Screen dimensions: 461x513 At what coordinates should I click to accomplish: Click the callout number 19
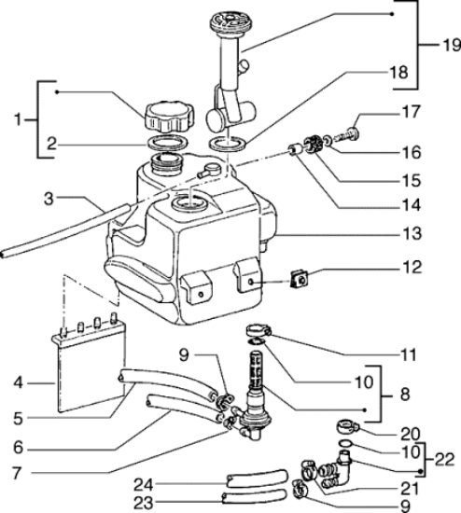pyautogui.click(x=452, y=45)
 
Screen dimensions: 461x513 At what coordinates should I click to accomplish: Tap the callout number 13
pyautogui.click(x=412, y=233)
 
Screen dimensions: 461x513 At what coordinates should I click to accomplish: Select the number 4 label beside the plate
pyautogui.click(x=19, y=382)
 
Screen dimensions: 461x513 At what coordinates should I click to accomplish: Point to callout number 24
pyautogui.click(x=143, y=485)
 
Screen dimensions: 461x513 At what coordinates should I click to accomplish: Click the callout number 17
pyautogui.click(x=412, y=112)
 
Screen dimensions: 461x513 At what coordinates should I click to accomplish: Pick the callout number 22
pyautogui.click(x=444, y=460)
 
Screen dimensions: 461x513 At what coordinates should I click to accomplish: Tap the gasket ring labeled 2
pyautogui.click(x=168, y=143)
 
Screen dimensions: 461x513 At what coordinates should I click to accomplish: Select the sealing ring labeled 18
pyautogui.click(x=227, y=144)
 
